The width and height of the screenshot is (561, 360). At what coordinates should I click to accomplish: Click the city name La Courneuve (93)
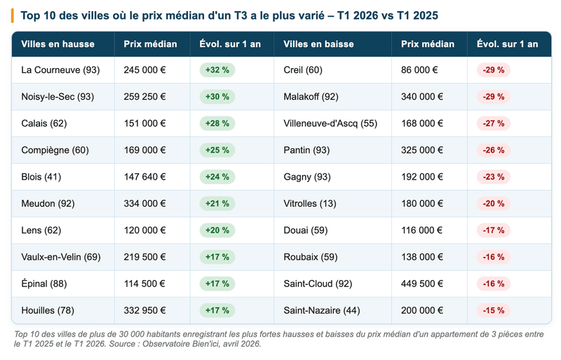pyautogui.click(x=60, y=70)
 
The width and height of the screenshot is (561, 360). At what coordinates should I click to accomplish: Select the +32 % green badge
pyautogui.click(x=217, y=70)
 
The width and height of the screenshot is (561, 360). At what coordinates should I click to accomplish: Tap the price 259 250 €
pyautogui.click(x=144, y=97)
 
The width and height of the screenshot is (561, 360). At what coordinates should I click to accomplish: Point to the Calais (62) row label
pyautogui.click(x=44, y=124)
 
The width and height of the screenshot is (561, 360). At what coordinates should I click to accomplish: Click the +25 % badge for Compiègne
pyautogui.click(x=217, y=150)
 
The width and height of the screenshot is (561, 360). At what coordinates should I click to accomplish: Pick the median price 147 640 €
pyautogui.click(x=144, y=177)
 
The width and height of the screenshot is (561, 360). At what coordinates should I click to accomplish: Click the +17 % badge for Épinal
pyautogui.click(x=217, y=284)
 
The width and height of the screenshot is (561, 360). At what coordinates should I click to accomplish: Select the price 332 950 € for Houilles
pyautogui.click(x=144, y=310)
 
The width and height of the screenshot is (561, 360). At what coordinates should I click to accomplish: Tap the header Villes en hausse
pyautogui.click(x=58, y=44)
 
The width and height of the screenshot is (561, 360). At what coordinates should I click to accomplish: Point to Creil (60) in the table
pyautogui.click(x=303, y=70)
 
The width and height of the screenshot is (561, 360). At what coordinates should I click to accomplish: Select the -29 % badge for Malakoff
pyautogui.click(x=493, y=97)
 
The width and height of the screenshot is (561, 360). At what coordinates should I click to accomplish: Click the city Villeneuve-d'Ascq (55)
pyautogui.click(x=330, y=124)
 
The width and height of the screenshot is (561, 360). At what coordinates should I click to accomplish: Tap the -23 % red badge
pyautogui.click(x=493, y=177)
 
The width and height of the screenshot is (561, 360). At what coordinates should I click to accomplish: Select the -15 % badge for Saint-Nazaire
pyautogui.click(x=493, y=310)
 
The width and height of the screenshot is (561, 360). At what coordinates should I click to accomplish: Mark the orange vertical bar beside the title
pyautogui.click(x=13, y=15)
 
